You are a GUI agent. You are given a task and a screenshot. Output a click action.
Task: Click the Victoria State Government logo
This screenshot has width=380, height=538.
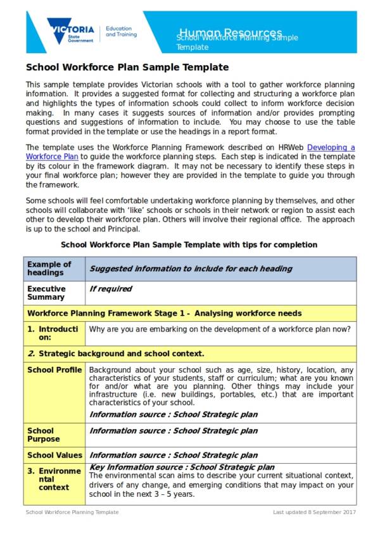coord(70,31)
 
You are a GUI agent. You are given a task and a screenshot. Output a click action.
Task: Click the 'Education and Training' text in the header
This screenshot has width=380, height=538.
coord(120,32)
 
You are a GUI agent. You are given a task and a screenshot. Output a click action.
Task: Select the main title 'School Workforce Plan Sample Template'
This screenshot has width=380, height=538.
coord(127,67)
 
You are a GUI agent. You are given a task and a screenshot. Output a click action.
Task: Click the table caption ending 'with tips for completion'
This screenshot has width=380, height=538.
coord(189,245)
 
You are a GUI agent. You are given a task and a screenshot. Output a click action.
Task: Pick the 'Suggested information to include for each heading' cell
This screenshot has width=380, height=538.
coord(191,269)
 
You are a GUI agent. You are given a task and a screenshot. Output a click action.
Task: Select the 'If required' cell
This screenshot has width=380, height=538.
coord(111,289)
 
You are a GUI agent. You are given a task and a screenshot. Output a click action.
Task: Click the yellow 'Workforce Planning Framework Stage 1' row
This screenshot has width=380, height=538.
coord(165,313)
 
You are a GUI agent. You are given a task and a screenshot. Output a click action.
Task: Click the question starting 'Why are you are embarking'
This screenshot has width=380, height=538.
coord(219,329)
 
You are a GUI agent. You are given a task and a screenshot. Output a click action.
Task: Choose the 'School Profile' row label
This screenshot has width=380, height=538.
coord(54,370)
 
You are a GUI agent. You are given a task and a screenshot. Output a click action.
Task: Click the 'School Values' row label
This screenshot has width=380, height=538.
coord(54,455)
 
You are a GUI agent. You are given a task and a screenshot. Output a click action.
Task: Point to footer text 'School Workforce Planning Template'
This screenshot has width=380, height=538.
coord(72,512)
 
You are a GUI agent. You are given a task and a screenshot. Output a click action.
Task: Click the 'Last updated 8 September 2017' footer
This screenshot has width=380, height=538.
coord(314,512)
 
